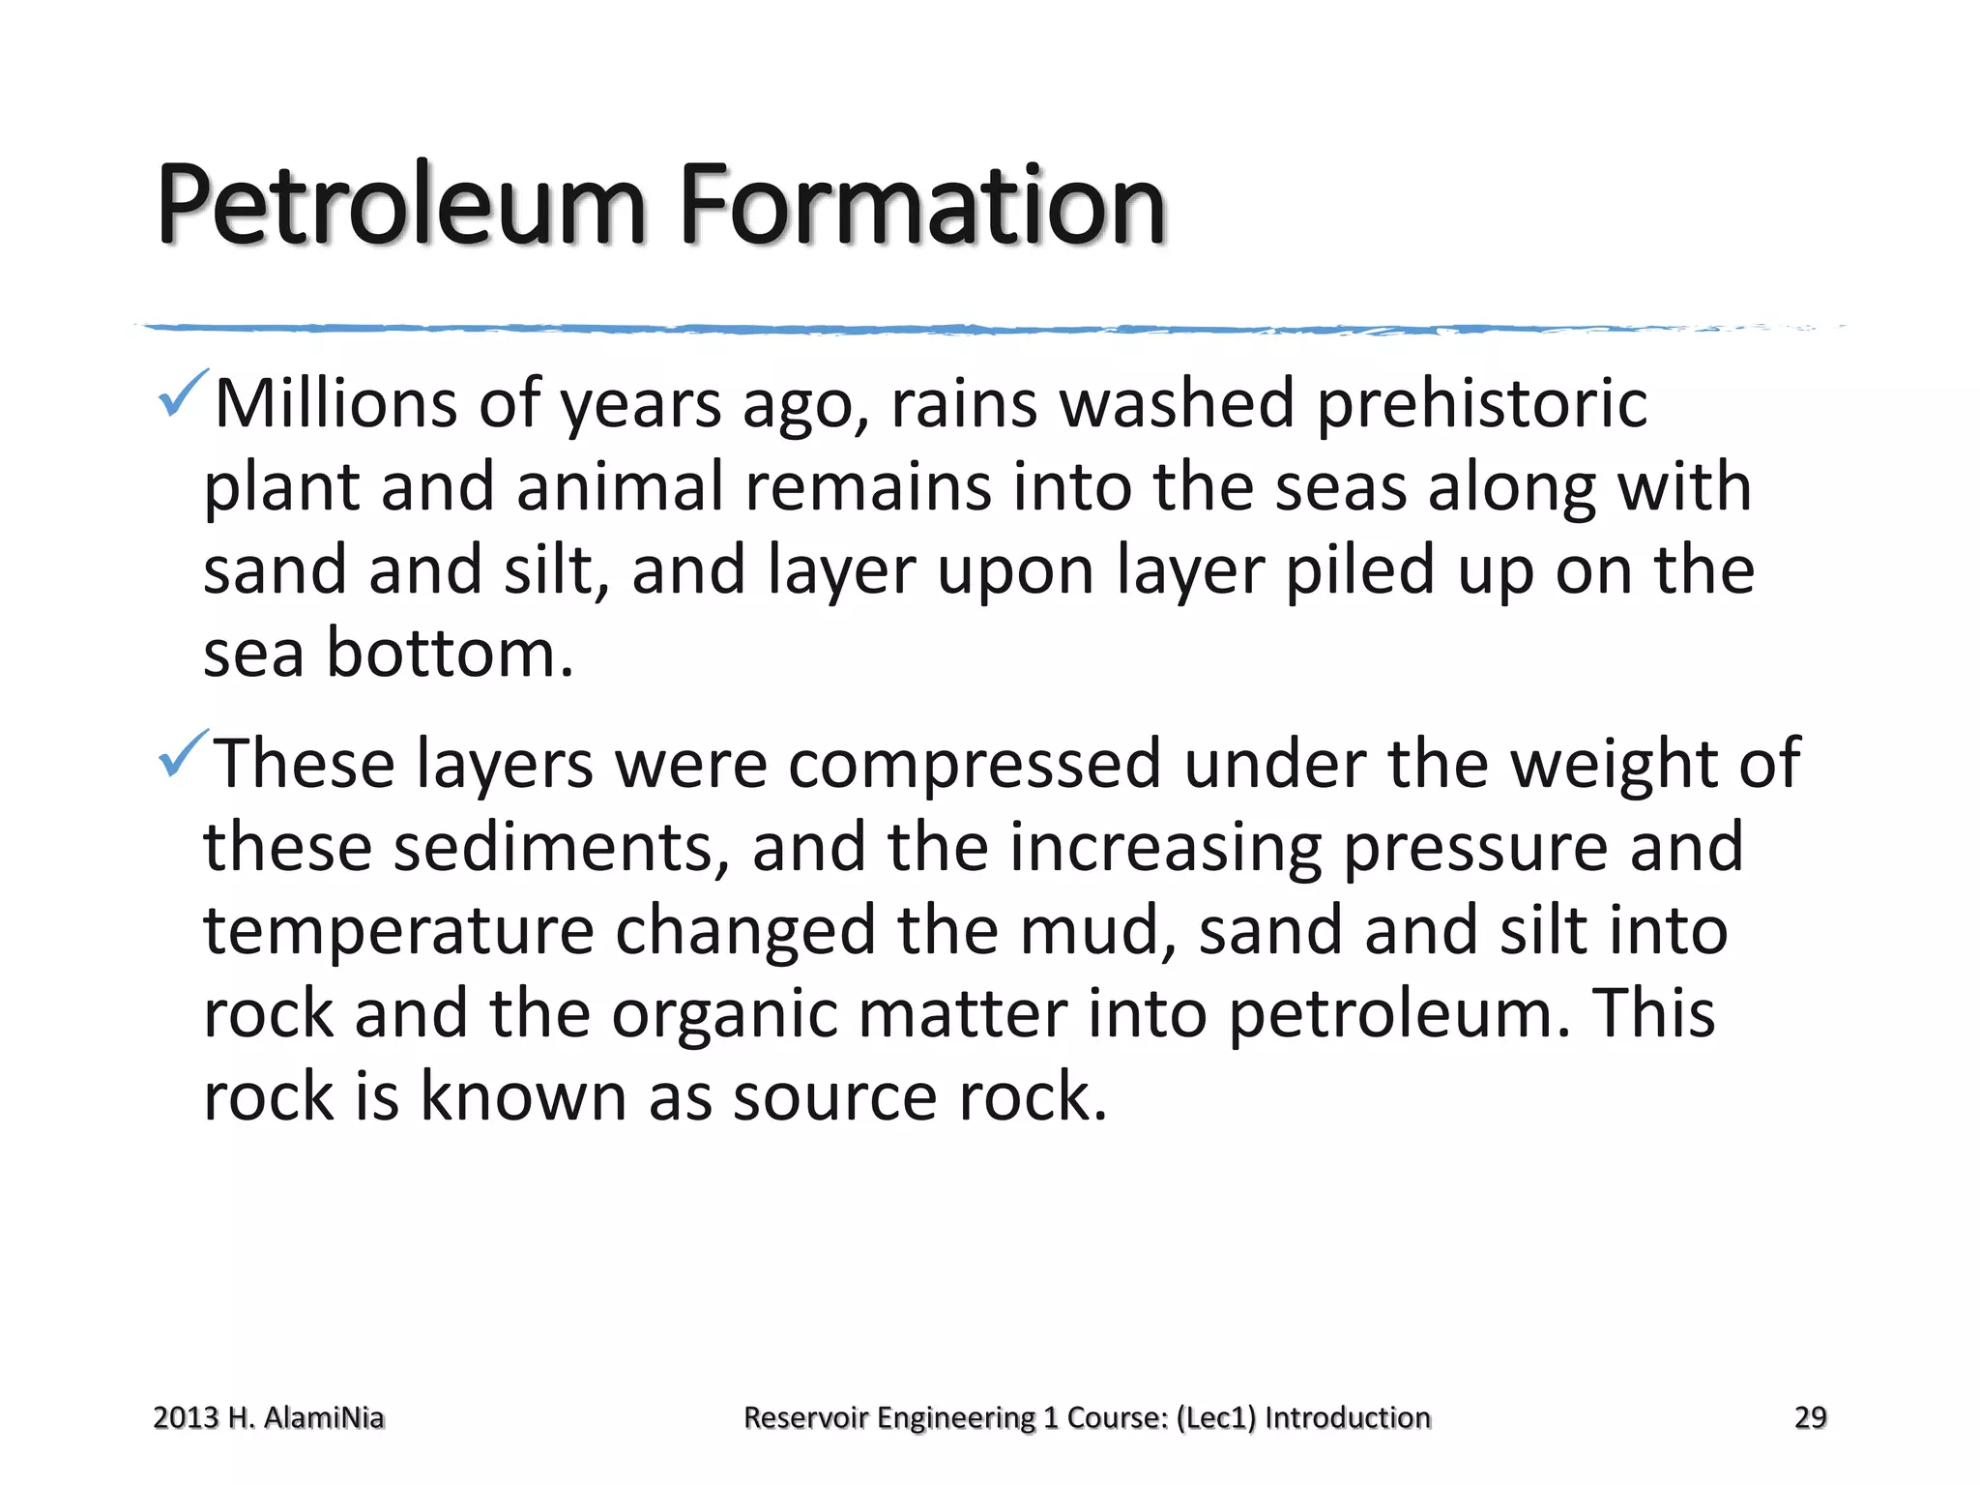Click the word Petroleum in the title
[x=401, y=205]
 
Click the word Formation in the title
[x=922, y=205]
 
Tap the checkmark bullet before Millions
[x=181, y=393]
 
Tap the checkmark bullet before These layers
[x=181, y=754]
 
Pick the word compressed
[x=975, y=764]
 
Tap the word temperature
[x=398, y=930]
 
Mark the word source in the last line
[x=834, y=1097]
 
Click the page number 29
[x=1810, y=1417]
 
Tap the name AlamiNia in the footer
[x=324, y=1417]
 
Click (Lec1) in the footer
[x=1216, y=1417]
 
